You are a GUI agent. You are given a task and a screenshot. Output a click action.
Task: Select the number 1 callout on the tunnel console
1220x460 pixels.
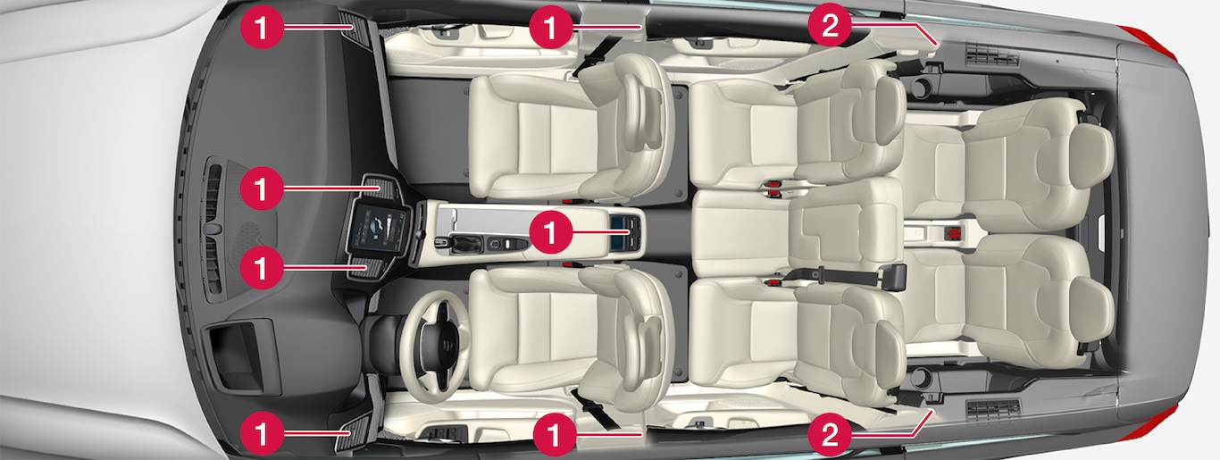tap(551, 232)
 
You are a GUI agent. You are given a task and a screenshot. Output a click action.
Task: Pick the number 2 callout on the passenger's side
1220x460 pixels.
tap(829, 26)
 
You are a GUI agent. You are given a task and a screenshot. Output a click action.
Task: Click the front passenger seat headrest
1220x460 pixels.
tap(644, 122)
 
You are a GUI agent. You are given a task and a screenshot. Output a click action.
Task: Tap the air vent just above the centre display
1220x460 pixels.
tap(381, 187)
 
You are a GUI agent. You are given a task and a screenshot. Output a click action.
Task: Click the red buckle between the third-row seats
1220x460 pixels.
tap(952, 233)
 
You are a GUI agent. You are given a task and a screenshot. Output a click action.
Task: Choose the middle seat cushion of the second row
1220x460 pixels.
tap(740, 232)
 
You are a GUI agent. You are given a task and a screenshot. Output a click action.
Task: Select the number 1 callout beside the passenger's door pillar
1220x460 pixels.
tap(551, 26)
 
